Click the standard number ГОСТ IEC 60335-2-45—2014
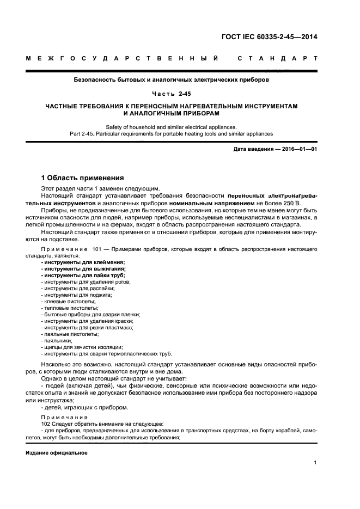point(269,38)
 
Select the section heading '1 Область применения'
point(83,178)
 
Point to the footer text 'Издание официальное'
point(56,452)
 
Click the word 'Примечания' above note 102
point(60,416)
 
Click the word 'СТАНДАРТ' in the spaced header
point(278,58)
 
